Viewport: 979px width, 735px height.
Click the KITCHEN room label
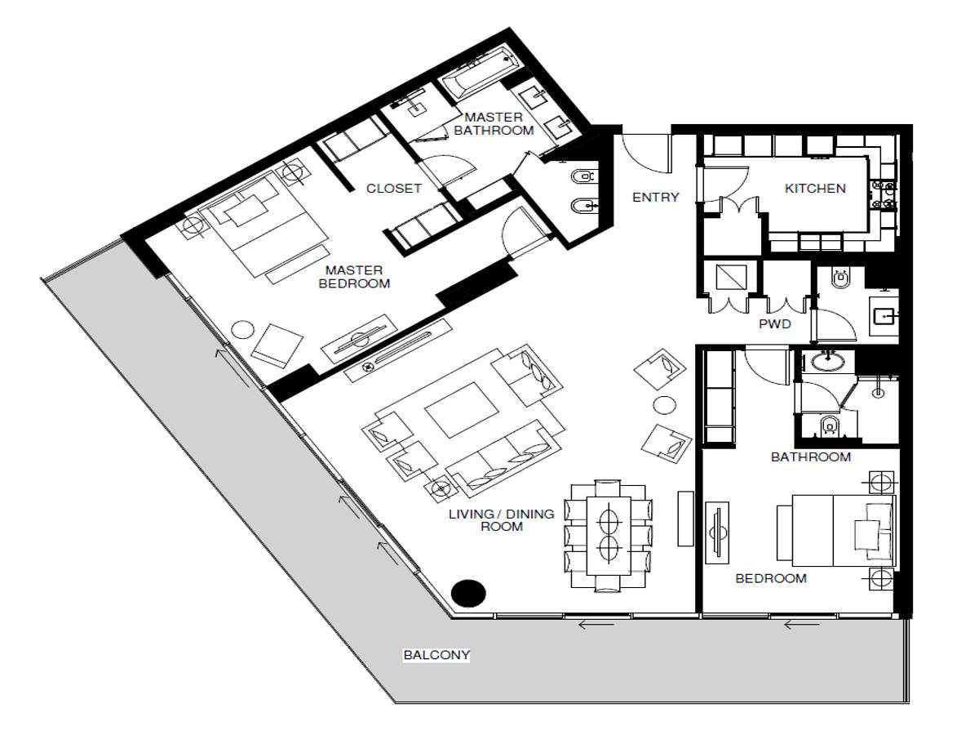[815, 189]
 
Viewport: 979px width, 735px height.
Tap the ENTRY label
[655, 197]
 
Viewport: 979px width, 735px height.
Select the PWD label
[775, 324]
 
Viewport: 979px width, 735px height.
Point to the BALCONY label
[436, 655]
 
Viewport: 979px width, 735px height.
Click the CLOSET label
[394, 189]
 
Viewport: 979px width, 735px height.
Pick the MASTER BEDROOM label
[354, 277]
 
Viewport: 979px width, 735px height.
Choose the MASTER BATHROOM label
[494, 123]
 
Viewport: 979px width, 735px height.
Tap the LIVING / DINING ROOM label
[501, 520]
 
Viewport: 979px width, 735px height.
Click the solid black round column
[467, 593]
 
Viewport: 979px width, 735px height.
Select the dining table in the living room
[609, 536]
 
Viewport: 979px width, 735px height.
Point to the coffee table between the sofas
[462, 409]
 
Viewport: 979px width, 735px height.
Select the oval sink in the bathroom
[828, 361]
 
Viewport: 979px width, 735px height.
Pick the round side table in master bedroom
[243, 330]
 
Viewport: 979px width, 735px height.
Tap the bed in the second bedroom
[836, 530]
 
